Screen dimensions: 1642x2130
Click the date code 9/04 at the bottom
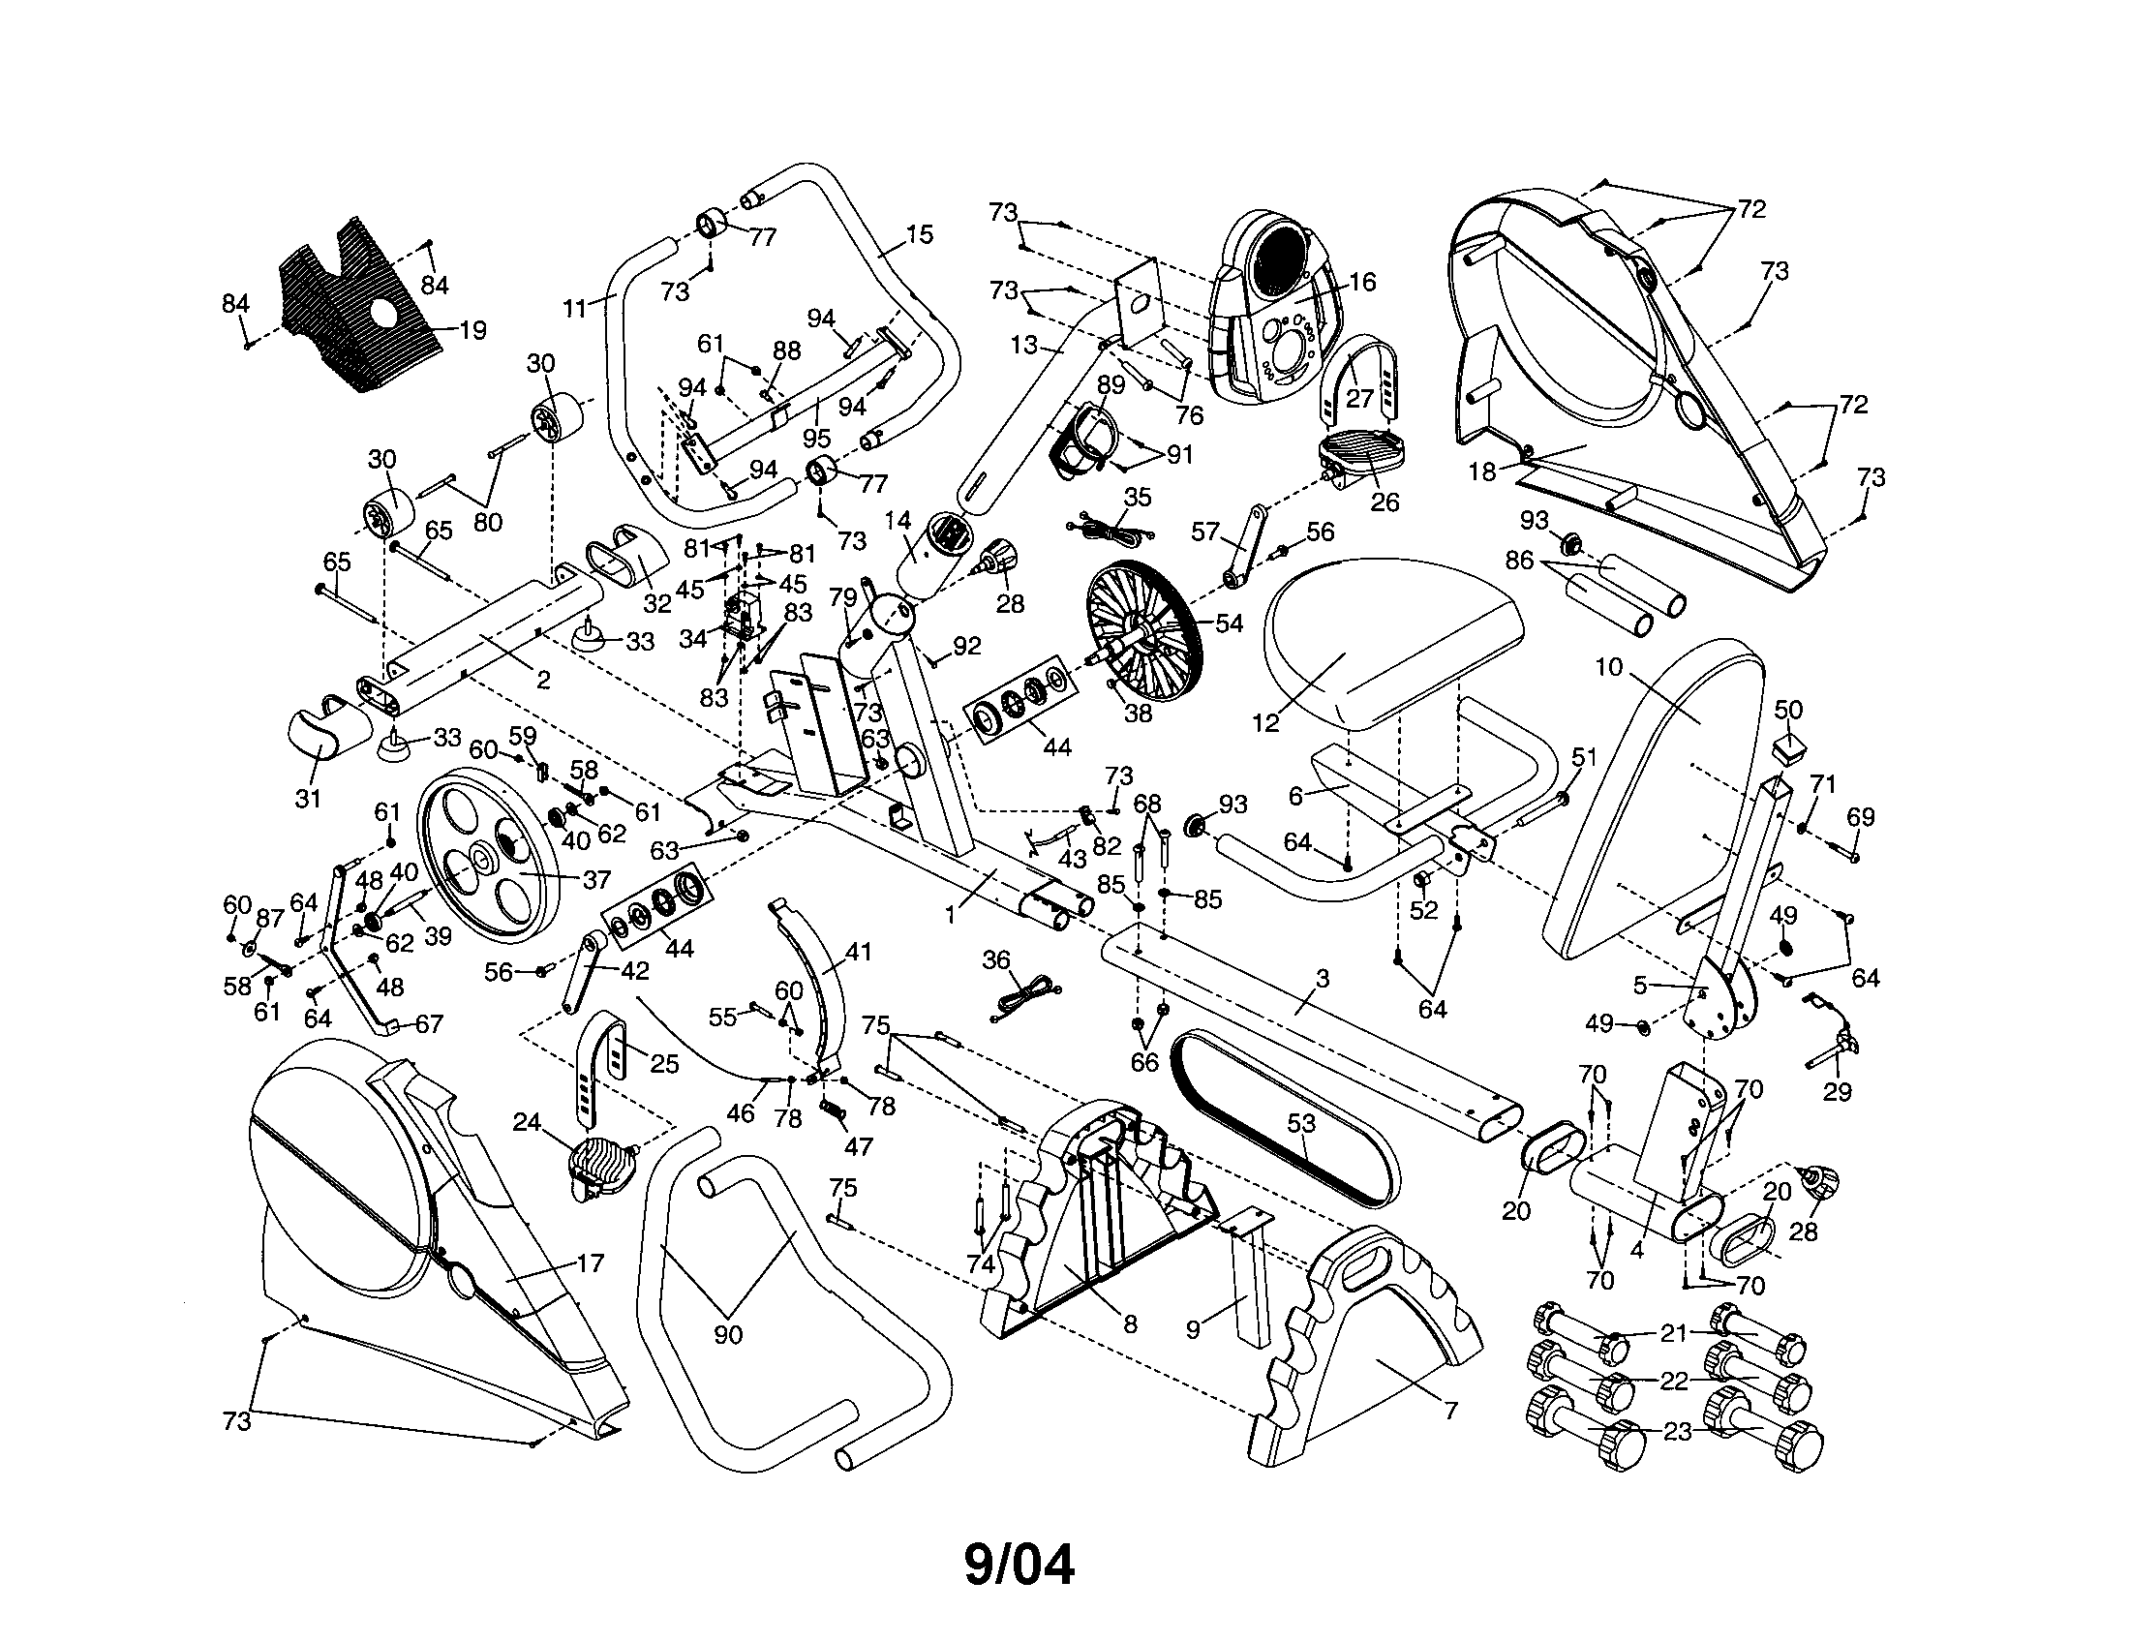[x=1019, y=1565]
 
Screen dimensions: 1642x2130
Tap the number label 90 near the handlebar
[x=727, y=1335]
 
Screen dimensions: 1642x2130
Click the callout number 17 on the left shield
[x=590, y=1263]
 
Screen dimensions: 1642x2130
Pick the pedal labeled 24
[x=596, y=1170]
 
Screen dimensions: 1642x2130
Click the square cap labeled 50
[x=1787, y=747]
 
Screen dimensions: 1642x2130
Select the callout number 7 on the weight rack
[x=1450, y=1410]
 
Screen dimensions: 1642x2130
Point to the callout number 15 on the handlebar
[x=919, y=234]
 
